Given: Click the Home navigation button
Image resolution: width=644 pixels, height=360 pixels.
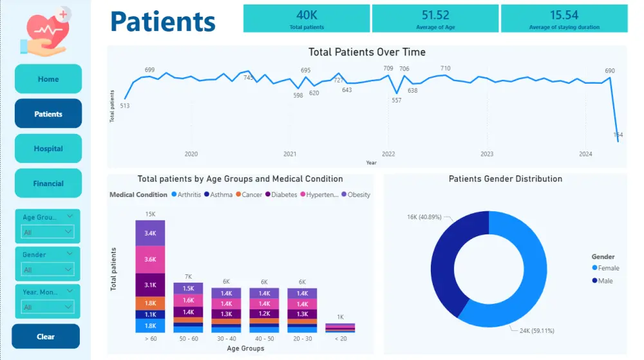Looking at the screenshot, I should tap(48, 79).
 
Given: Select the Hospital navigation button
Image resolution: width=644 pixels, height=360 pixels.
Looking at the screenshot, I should tap(48, 149).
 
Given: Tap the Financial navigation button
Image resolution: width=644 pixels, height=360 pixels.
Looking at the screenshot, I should tap(48, 184).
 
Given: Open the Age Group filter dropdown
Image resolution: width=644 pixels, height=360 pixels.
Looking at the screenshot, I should tap(48, 232).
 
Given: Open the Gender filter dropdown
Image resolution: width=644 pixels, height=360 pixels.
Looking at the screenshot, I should tap(48, 269).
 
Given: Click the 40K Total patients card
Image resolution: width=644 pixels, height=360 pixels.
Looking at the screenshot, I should tap(307, 19).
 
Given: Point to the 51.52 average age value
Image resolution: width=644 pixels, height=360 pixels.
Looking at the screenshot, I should tap(435, 15).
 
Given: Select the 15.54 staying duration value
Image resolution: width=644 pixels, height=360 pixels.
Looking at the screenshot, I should tap(564, 15).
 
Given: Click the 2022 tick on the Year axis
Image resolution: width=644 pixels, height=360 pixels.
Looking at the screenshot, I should tap(388, 154).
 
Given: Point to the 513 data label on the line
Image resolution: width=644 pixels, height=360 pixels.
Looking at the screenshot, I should tap(125, 106).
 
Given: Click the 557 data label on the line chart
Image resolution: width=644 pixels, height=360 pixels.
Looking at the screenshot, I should tap(397, 100).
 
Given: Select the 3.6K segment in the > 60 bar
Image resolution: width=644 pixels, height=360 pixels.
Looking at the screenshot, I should tap(150, 259).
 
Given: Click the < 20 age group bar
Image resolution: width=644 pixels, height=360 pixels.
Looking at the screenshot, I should tap(340, 328).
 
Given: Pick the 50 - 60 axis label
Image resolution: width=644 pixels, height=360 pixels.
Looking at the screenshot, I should tap(188, 339).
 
